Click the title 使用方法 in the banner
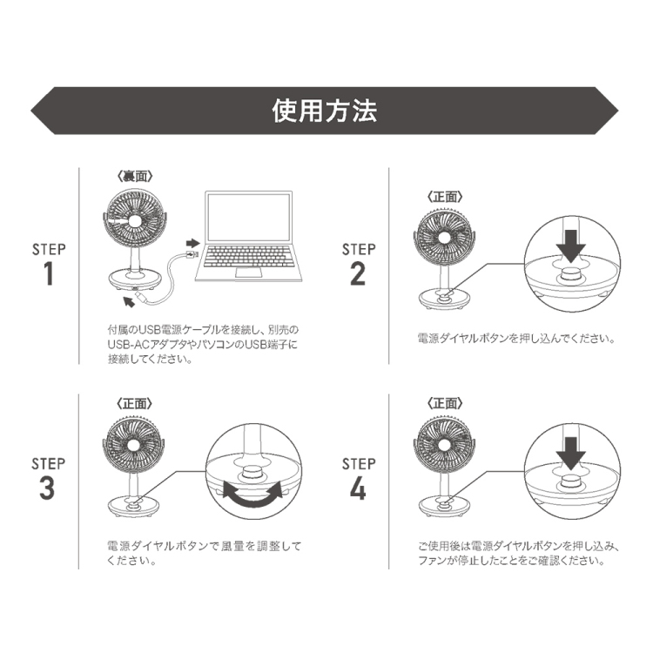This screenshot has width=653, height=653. pos(325,111)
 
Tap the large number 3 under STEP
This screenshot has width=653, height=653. pos(48,488)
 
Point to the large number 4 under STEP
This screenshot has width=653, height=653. pos(358,488)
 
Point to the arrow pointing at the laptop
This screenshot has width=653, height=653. pos(192,239)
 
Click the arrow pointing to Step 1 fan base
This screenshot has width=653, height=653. pos(134,300)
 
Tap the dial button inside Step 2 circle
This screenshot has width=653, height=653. pos(570,275)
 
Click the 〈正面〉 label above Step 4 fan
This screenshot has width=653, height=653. pos(445,403)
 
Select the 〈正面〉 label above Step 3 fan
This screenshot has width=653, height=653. pos(134,403)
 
